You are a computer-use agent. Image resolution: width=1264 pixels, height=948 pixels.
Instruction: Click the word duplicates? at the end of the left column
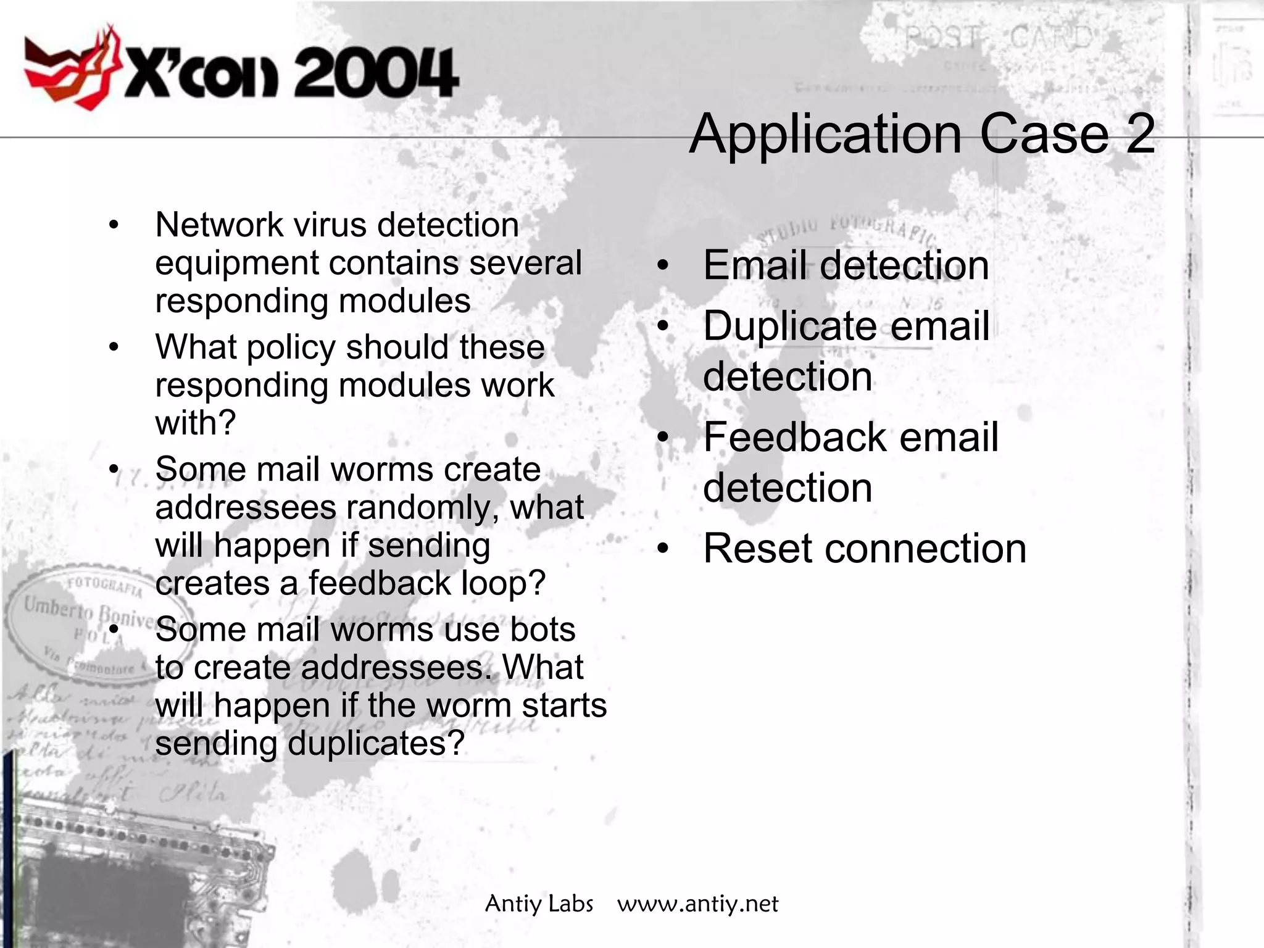click(375, 743)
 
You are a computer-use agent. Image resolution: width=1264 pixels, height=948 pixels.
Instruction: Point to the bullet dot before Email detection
click(663, 266)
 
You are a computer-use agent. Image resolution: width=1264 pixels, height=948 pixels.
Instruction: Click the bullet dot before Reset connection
click(663, 549)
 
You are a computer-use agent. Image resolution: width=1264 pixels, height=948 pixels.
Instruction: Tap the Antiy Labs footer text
click(539, 904)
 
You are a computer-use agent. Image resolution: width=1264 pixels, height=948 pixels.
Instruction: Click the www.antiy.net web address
click(697, 904)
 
